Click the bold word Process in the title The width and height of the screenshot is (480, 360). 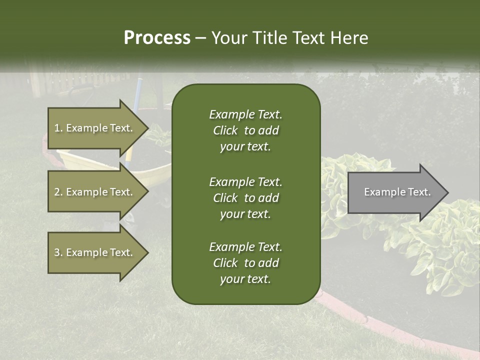[157, 38]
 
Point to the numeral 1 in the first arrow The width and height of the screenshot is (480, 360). [56, 128]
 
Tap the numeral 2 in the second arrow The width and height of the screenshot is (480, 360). [56, 192]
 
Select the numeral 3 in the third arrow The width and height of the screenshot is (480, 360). [56, 252]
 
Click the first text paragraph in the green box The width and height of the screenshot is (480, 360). [245, 130]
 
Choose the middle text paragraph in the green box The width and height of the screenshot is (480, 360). [245, 198]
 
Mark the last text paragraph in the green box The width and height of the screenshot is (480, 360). [245, 263]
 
